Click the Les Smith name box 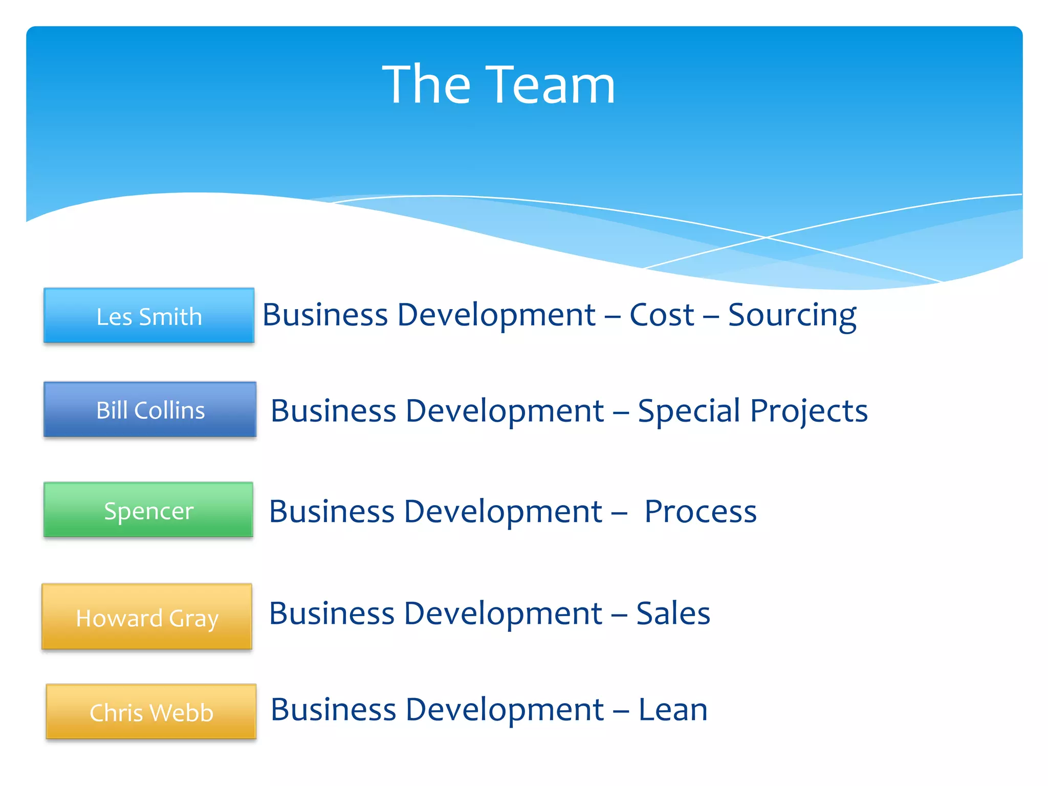pos(149,316)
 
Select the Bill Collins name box pos(150,409)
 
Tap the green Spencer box pos(148,510)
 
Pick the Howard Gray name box pos(147,617)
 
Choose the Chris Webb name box pos(151,712)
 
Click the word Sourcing pos(792,315)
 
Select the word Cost pos(662,315)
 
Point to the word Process pos(700,511)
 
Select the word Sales pos(673,613)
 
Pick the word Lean pos(673,710)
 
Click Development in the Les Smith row pos(496,315)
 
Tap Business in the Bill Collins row pos(333,411)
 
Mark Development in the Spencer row pos(503,511)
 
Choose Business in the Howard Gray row pos(332,613)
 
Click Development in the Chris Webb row pos(504,710)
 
